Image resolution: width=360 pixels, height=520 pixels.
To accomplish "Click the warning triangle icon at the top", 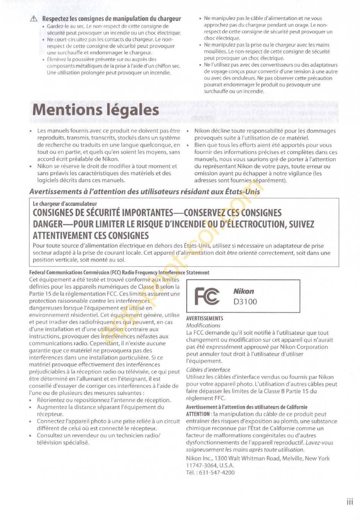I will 34,19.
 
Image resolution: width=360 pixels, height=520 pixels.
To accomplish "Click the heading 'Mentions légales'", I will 95,110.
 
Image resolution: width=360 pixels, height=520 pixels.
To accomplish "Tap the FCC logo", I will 207,296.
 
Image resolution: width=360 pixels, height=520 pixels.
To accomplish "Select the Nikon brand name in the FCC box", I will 244,291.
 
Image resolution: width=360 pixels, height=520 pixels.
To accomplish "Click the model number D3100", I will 245,302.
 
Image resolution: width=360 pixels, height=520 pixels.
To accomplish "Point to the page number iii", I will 349,502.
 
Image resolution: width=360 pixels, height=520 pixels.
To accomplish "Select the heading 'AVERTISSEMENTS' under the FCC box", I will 205,318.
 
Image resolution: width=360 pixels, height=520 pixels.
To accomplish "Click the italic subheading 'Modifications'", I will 203,326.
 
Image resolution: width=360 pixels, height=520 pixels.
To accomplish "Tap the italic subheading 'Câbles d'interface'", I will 208,370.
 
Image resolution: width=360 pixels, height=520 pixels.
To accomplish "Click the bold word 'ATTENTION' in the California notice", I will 198,414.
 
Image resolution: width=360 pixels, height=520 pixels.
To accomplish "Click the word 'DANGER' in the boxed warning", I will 48,224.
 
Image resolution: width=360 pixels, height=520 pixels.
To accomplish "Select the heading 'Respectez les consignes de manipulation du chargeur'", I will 111,19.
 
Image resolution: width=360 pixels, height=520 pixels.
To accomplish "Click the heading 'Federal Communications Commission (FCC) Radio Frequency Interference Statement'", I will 119,273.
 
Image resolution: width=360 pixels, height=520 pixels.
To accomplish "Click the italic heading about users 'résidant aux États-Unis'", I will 145,192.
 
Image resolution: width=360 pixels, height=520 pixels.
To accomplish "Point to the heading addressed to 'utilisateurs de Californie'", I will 246,407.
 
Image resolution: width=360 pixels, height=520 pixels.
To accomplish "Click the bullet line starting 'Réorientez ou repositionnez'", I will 103,400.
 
